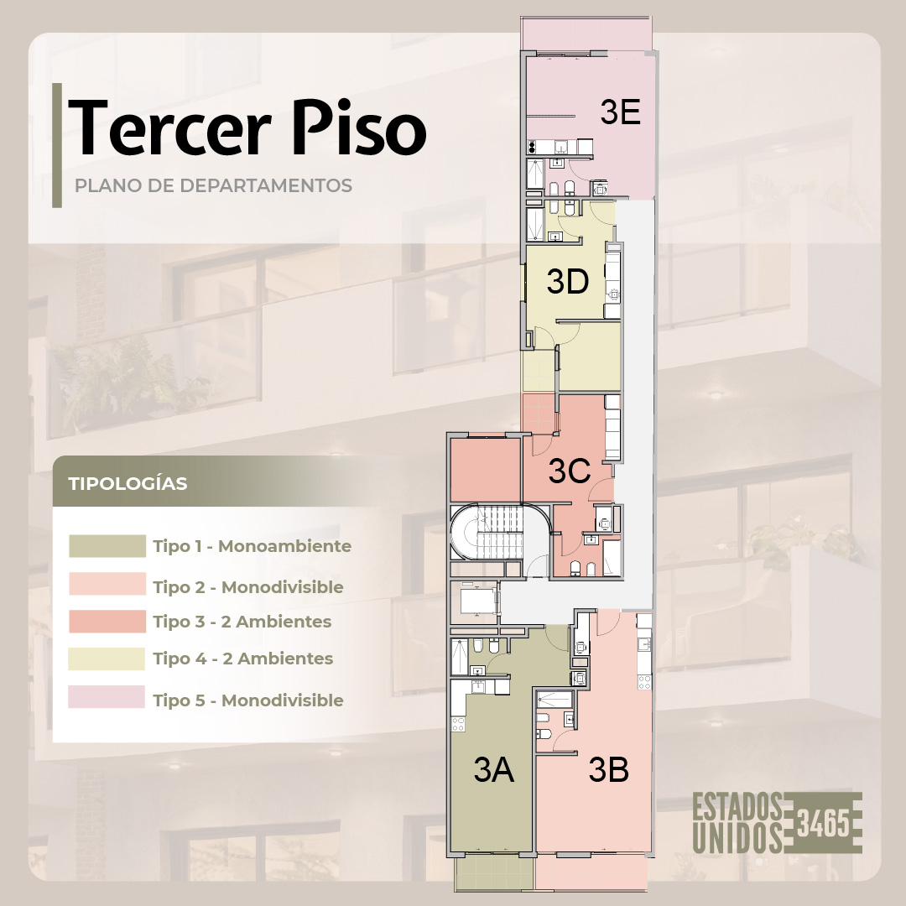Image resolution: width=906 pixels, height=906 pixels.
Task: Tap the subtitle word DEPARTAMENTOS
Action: tap(266, 185)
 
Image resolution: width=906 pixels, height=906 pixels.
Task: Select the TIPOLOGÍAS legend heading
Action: tap(128, 484)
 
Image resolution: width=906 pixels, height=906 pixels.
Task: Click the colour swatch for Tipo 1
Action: tap(107, 546)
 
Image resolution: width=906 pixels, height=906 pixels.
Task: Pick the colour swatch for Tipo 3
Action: tap(107, 621)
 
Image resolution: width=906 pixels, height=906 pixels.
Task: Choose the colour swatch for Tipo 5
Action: tap(107, 697)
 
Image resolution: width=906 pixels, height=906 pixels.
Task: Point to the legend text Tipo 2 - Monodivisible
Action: tap(248, 587)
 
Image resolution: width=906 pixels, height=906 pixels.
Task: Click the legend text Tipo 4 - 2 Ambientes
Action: tap(243, 659)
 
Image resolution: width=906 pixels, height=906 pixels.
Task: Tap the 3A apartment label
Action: tap(493, 770)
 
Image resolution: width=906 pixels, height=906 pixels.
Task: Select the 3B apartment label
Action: tap(609, 770)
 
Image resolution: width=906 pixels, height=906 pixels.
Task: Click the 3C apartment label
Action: tap(569, 471)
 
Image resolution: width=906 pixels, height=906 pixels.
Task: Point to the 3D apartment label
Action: tap(568, 281)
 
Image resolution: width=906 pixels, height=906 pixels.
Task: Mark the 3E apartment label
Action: tap(620, 112)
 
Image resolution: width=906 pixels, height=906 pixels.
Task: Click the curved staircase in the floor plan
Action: tap(487, 532)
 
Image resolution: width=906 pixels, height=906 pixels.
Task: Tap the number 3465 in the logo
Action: tap(824, 824)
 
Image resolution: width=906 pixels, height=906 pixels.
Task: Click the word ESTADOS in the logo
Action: tap(738, 807)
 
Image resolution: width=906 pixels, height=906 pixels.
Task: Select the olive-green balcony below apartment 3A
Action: tap(495, 870)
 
